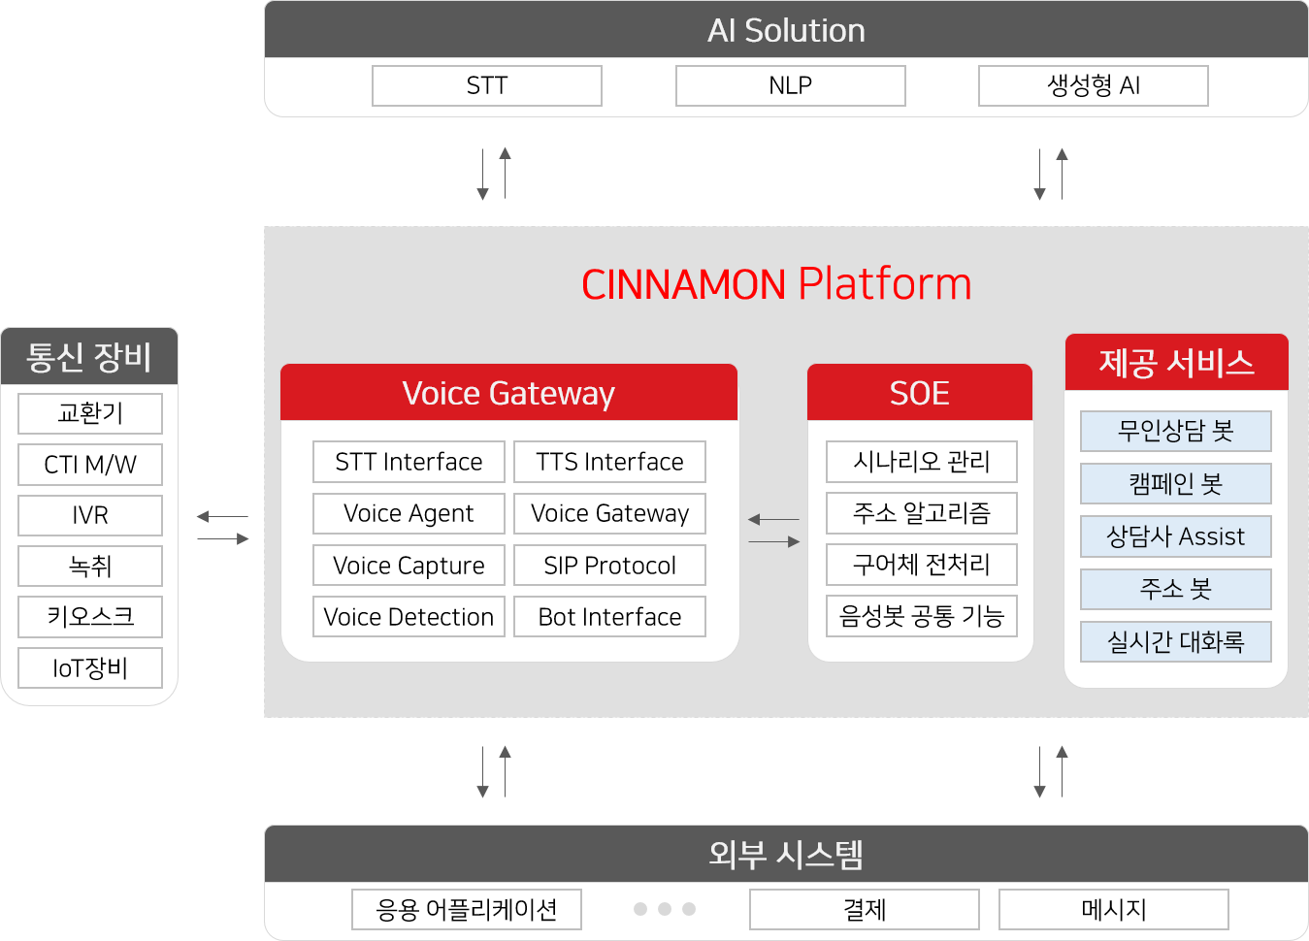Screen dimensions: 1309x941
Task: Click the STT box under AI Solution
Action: (x=487, y=86)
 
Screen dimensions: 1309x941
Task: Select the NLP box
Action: (x=791, y=86)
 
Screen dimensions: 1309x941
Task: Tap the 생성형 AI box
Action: (x=1094, y=86)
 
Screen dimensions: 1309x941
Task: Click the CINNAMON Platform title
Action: (x=776, y=284)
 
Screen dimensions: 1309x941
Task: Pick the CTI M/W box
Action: (x=90, y=465)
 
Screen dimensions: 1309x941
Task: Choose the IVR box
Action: (x=90, y=515)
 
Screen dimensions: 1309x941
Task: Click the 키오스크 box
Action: (x=90, y=617)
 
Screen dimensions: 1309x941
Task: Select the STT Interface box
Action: (x=409, y=462)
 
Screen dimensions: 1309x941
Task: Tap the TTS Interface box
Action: (x=609, y=462)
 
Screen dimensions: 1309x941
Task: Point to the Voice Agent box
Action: (x=409, y=513)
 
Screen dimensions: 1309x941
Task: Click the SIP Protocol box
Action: (x=609, y=565)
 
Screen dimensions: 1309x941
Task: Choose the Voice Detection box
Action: (x=409, y=616)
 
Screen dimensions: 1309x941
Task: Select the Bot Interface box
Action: (x=609, y=616)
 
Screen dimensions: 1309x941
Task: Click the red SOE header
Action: (x=920, y=392)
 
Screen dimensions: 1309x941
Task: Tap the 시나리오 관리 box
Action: (x=922, y=462)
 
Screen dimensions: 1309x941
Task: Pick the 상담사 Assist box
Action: (x=1176, y=536)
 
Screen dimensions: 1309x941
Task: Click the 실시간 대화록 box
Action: (x=1176, y=641)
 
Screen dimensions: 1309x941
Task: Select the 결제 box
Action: (x=865, y=909)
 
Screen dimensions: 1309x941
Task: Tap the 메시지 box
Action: (x=1114, y=909)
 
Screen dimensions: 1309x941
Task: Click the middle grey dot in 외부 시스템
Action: (x=665, y=909)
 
